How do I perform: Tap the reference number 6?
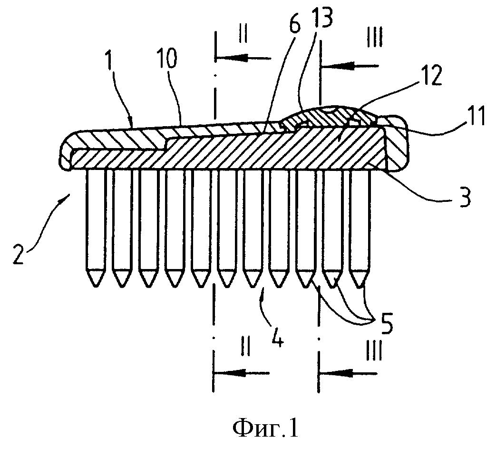coord(295,28)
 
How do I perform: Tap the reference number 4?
coord(277,340)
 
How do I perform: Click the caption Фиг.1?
coord(266,429)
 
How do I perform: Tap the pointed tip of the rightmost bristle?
coord(360,285)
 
